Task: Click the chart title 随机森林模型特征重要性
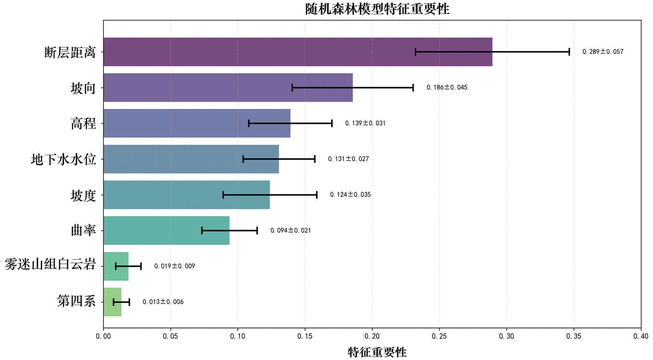coord(377,9)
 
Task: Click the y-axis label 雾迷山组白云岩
coord(50,265)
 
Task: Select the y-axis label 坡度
coord(83,195)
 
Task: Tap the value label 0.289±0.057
coord(603,52)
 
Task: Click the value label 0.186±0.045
coord(447,87)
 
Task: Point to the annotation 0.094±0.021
coord(290,230)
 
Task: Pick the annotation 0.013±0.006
coord(163,302)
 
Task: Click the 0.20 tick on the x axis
coord(372,336)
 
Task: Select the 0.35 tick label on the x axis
coord(574,336)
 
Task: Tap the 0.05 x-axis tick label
coord(170,336)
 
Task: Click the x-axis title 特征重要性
coord(377,352)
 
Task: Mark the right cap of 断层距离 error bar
coord(569,52)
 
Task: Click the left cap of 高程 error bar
coord(249,123)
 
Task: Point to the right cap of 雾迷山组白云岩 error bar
coord(141,266)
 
